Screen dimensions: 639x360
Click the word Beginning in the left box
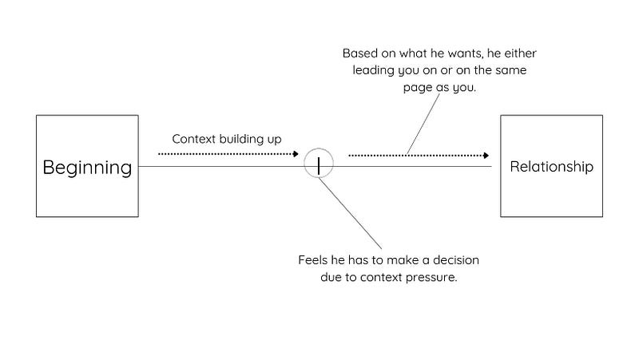click(x=87, y=168)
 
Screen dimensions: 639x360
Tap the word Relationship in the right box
click(x=551, y=167)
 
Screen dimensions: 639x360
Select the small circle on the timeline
click(x=319, y=148)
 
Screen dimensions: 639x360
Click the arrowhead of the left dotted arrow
click(x=296, y=153)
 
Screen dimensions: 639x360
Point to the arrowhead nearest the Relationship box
click(x=486, y=155)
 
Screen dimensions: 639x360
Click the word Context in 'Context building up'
click(x=193, y=139)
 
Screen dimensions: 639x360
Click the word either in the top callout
click(x=521, y=53)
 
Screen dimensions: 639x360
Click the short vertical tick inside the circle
click(x=318, y=166)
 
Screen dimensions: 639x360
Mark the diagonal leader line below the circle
click(x=350, y=213)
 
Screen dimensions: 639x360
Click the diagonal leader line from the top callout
click(x=423, y=125)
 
